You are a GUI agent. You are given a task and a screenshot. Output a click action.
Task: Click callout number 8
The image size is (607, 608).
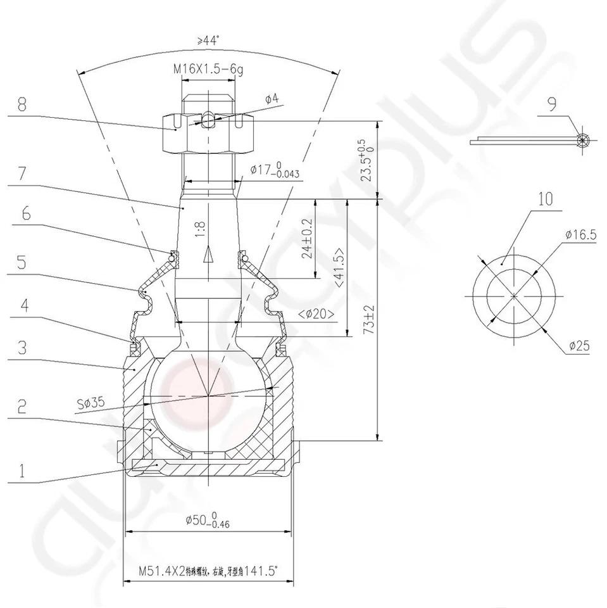point(22,105)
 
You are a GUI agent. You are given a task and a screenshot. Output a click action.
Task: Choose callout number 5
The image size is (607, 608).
point(22,262)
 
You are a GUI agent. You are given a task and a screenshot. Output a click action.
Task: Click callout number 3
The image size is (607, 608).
point(22,348)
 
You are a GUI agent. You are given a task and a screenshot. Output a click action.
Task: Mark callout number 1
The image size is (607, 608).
point(22,470)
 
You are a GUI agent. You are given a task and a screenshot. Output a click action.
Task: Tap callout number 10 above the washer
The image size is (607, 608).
point(546,199)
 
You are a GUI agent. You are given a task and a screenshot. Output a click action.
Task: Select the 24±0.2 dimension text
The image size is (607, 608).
point(307,239)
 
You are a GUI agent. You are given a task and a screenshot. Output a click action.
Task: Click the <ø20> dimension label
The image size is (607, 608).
point(314,312)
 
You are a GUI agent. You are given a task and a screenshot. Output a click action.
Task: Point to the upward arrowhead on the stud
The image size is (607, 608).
point(206,255)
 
